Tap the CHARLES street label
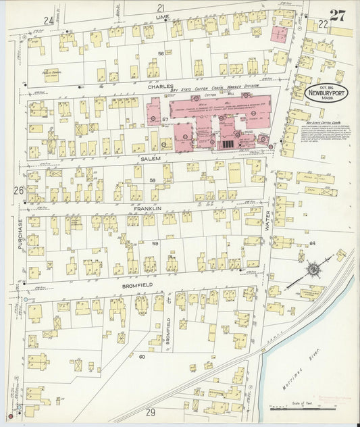161,86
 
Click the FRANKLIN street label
147,209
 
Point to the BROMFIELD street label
138,286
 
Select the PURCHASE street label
21,234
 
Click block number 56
161,53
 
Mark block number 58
152,180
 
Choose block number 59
155,243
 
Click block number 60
142,356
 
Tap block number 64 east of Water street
312,243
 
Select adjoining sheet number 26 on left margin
17,191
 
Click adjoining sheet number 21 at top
161,7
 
